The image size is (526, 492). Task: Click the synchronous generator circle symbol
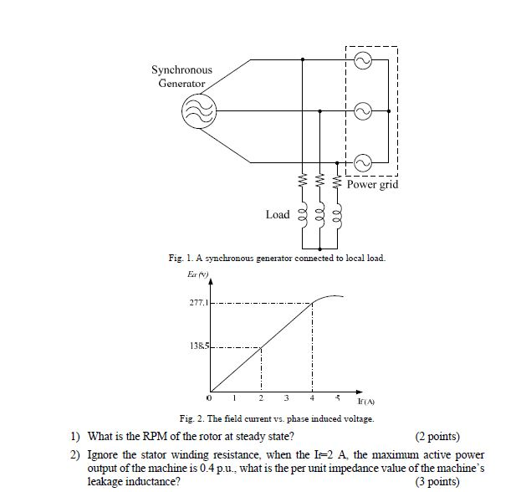[x=199, y=109]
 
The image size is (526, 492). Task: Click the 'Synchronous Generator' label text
[x=181, y=76]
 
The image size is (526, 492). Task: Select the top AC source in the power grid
[x=362, y=60]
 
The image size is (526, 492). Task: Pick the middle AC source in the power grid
[x=362, y=110]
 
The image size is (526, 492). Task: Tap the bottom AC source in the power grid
[x=362, y=161]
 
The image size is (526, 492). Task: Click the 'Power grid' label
[x=372, y=184]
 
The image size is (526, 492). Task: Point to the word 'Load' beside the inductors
[x=278, y=214]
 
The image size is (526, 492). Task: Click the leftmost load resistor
[x=301, y=181]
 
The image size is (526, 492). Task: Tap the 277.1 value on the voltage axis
[x=196, y=303]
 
